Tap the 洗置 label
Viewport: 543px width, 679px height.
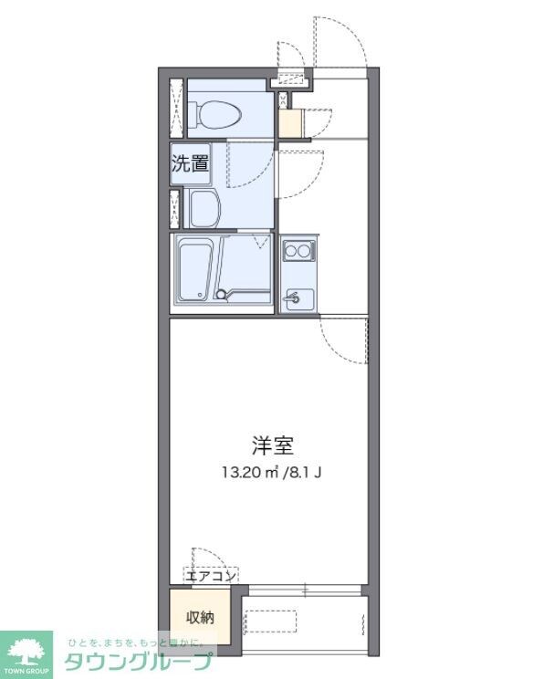190,164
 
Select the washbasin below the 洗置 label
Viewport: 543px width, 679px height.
205,209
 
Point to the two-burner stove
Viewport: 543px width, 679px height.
298,248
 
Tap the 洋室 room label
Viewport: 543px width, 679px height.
273,445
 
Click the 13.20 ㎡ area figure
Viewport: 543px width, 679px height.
246,472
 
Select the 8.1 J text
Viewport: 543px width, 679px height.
307,472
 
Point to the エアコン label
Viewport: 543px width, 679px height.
211,575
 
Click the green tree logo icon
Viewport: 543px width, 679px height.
27,648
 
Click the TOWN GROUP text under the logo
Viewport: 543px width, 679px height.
27,670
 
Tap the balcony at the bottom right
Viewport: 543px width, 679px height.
306,621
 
